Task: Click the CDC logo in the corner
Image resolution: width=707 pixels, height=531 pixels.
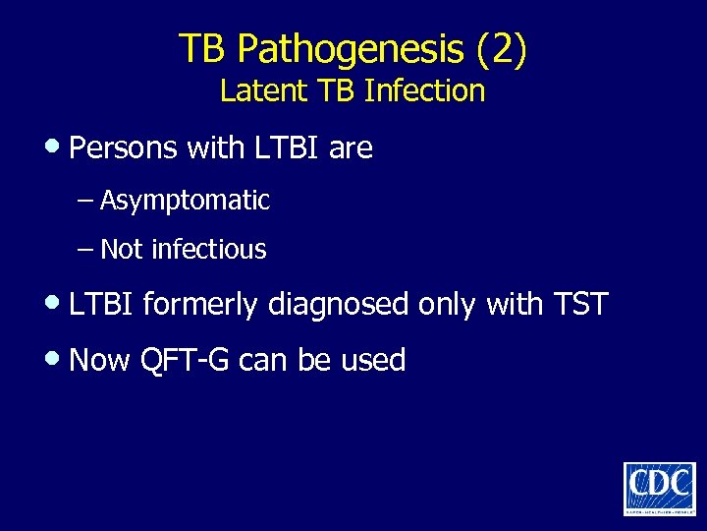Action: [x=659, y=487]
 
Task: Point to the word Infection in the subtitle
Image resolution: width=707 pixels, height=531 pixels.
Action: [x=424, y=91]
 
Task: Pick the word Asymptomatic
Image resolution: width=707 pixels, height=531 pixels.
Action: [x=185, y=202]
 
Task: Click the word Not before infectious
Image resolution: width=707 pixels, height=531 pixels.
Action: [x=122, y=250]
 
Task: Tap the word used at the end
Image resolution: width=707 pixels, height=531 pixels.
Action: [x=373, y=361]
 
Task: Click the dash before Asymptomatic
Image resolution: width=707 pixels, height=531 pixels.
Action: [x=86, y=202]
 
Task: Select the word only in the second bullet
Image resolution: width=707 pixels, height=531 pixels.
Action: [x=447, y=306]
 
